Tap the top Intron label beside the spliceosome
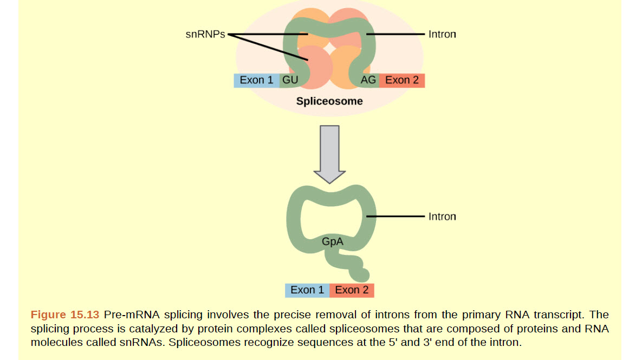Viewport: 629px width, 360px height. coord(442,34)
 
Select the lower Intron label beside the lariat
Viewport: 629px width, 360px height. coord(442,217)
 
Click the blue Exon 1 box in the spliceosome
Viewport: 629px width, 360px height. coord(256,80)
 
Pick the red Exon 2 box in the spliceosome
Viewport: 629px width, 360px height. coord(401,80)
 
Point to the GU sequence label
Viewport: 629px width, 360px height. coord(290,80)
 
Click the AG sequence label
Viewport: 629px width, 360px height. coord(368,80)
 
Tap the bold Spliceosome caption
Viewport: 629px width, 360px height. coord(329,101)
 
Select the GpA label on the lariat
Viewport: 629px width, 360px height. coord(333,242)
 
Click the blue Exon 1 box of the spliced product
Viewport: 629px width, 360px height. coord(307,290)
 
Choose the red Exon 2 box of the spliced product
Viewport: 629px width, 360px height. coord(352,290)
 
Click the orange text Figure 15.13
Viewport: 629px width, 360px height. coord(65,315)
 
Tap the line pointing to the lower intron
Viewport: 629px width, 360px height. coord(395,217)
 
